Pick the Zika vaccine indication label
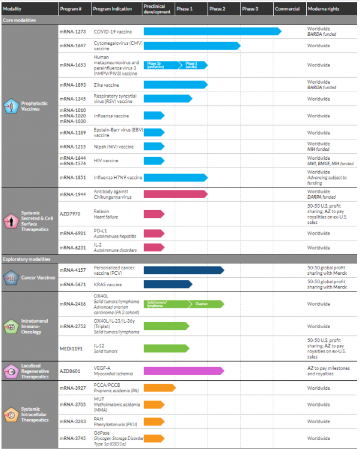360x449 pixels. (106, 85)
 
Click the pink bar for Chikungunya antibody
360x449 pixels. (175, 193)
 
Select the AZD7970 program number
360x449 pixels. (69, 211)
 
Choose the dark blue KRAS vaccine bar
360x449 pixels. (167, 284)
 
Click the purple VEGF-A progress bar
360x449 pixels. (184, 371)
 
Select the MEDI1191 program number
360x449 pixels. (70, 348)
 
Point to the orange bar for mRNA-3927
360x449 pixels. (159, 387)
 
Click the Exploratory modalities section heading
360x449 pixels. (28, 259)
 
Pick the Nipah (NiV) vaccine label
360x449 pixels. (114, 146)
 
